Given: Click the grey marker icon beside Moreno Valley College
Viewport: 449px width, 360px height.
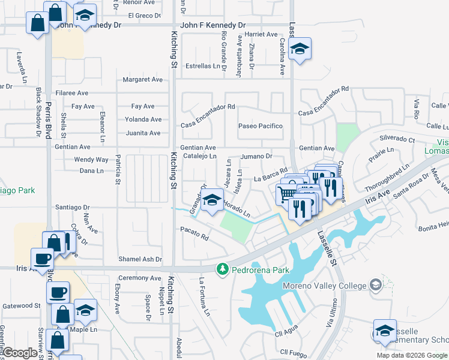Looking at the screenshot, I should pos(376,283).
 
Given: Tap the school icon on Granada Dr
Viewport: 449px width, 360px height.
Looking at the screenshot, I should pos(212,201).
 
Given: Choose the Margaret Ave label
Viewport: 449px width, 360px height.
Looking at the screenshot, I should pos(143,79).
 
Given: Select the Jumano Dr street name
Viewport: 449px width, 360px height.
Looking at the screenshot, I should pos(257,156).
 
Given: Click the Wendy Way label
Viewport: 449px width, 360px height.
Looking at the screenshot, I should pos(91,160).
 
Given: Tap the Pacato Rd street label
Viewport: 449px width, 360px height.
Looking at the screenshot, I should pos(194,234).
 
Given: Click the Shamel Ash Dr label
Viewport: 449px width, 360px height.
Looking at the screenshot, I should pos(140,259).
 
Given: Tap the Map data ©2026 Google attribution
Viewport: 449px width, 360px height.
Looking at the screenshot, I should pos(412,355).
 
